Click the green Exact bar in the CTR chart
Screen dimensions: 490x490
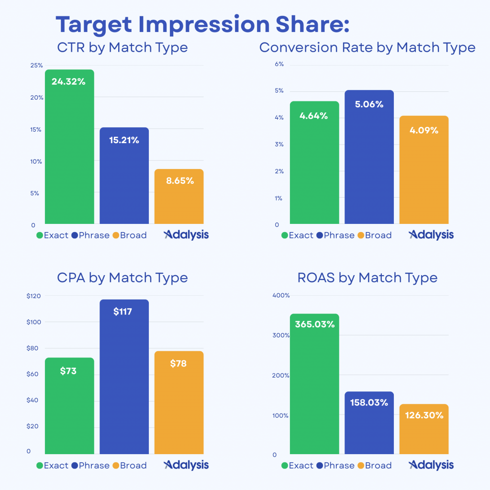click(69, 148)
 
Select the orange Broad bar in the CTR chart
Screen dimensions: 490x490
click(179, 199)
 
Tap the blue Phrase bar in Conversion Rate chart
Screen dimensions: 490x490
click(369, 158)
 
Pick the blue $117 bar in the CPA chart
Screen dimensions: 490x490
click(124, 378)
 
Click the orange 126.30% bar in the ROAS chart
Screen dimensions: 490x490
click(424, 431)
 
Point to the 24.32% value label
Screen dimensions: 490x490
click(68, 82)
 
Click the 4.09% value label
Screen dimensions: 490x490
click(424, 130)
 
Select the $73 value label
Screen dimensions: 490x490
click(68, 371)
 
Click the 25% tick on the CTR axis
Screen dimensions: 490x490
click(37, 66)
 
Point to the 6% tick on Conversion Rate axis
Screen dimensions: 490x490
click(279, 64)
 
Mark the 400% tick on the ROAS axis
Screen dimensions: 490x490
click(281, 296)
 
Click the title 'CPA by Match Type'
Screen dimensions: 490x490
click(122, 278)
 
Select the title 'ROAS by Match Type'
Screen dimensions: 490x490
click(367, 278)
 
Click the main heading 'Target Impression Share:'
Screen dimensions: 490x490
click(202, 24)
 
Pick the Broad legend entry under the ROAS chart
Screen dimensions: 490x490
click(374, 466)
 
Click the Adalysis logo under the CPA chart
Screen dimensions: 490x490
click(186, 465)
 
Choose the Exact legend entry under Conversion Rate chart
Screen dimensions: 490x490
click(297, 235)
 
